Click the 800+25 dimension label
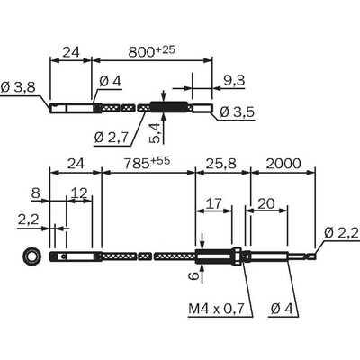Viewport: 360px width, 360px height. point(151,51)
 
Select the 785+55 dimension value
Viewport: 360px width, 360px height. point(147,163)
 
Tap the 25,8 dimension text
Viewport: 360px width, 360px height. point(221,164)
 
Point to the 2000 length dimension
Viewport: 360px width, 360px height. point(283,164)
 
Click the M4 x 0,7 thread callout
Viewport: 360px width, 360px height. point(216,309)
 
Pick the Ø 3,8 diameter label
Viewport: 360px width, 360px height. point(18,87)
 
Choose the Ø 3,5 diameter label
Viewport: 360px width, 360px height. point(237,112)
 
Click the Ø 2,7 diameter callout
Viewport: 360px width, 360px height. point(111,138)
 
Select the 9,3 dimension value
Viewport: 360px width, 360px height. point(234,80)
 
